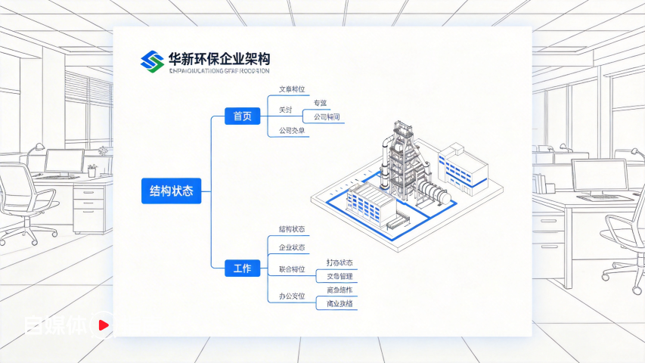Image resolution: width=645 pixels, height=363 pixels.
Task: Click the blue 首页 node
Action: [x=243, y=116]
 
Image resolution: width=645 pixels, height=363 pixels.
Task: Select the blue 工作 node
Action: [x=243, y=268]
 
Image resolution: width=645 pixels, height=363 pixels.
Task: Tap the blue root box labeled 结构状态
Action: [x=172, y=191]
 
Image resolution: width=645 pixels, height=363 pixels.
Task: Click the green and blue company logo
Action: [x=153, y=61]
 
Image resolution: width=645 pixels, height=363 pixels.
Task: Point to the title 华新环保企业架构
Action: [x=220, y=58]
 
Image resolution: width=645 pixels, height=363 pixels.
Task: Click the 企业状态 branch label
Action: [x=292, y=248]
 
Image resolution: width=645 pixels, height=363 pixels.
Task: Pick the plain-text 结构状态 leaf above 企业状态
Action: [x=292, y=229]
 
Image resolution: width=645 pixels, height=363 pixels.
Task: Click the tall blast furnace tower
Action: [x=400, y=155]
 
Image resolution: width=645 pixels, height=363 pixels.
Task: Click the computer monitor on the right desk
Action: [x=599, y=175]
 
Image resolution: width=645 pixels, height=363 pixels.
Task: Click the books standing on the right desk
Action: [x=539, y=183]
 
